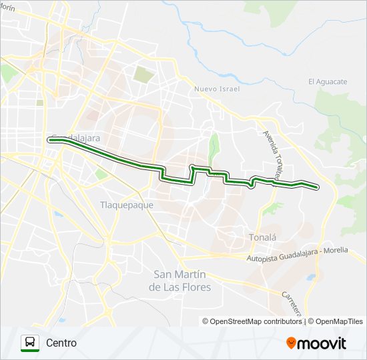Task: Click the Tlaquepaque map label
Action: pyautogui.click(x=126, y=205)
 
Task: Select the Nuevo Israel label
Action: pyautogui.click(x=216, y=88)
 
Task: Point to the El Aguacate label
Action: pyautogui.click(x=328, y=81)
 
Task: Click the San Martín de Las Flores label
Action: pyautogui.click(x=182, y=281)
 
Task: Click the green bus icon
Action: pyautogui.click(x=30, y=343)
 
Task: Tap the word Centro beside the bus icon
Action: pyautogui.click(x=61, y=343)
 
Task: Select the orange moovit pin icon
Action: pyautogui.click(x=292, y=343)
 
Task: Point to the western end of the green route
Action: pyautogui.click(x=51, y=139)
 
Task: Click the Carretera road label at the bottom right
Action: pyautogui.click(x=292, y=303)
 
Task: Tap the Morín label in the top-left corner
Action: pyautogui.click(x=7, y=7)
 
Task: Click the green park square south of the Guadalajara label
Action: pyautogui.click(x=101, y=174)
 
